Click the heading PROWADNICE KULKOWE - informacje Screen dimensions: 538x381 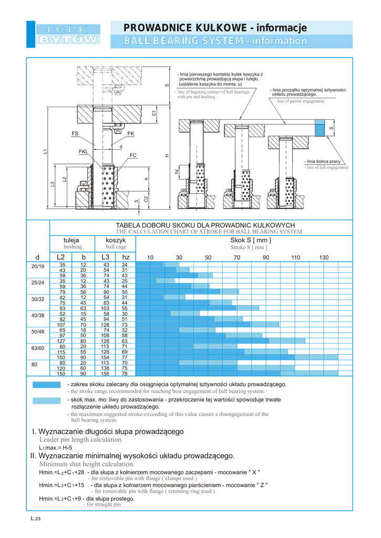[215, 27]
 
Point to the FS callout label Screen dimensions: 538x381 [75, 134]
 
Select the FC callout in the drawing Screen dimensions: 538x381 [133, 155]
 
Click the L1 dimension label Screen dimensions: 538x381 [45, 151]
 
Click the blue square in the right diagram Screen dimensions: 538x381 [320, 128]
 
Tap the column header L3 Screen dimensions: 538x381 [105, 257]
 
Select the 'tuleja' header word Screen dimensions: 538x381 [71, 240]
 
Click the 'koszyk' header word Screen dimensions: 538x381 [116, 240]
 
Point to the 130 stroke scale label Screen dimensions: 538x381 [324, 257]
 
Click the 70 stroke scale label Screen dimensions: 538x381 [237, 257]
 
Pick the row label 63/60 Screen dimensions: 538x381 [38, 348]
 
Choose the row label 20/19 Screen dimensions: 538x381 [38, 267]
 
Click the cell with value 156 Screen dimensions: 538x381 [105, 374]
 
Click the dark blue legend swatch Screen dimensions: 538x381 [46, 385]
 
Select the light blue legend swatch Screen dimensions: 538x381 [46, 400]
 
